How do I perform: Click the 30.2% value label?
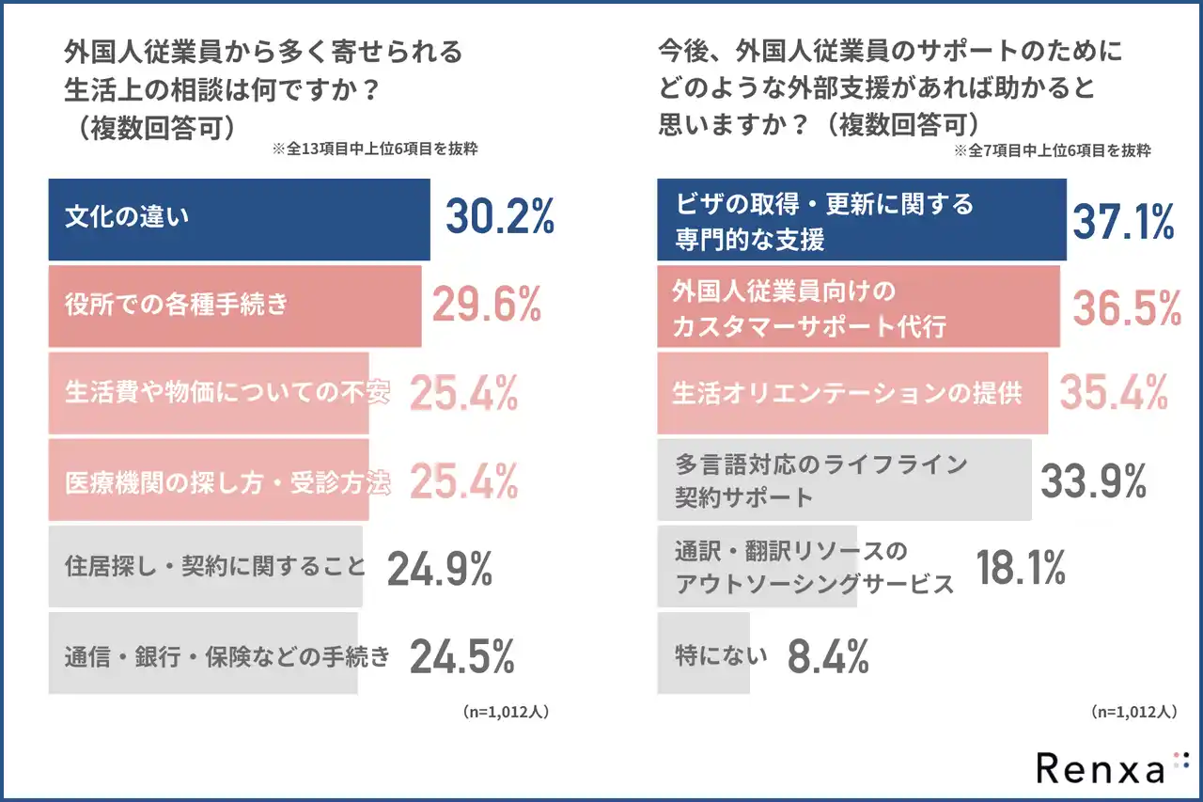tap(499, 218)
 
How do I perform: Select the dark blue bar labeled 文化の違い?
tap(239, 219)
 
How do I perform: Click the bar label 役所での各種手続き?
tap(176, 305)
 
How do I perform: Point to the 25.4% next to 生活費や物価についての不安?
tap(463, 395)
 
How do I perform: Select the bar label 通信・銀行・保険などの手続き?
tap(227, 655)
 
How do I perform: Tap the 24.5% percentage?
tap(461, 655)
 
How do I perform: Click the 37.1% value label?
tap(1123, 220)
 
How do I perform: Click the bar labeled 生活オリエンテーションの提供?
tap(847, 394)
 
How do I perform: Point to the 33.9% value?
tap(1093, 480)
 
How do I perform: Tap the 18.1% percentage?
tap(1020, 568)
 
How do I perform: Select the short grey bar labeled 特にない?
tap(704, 654)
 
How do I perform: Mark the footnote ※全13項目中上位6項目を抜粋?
tap(374, 149)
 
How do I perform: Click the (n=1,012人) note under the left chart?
tap(506, 712)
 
